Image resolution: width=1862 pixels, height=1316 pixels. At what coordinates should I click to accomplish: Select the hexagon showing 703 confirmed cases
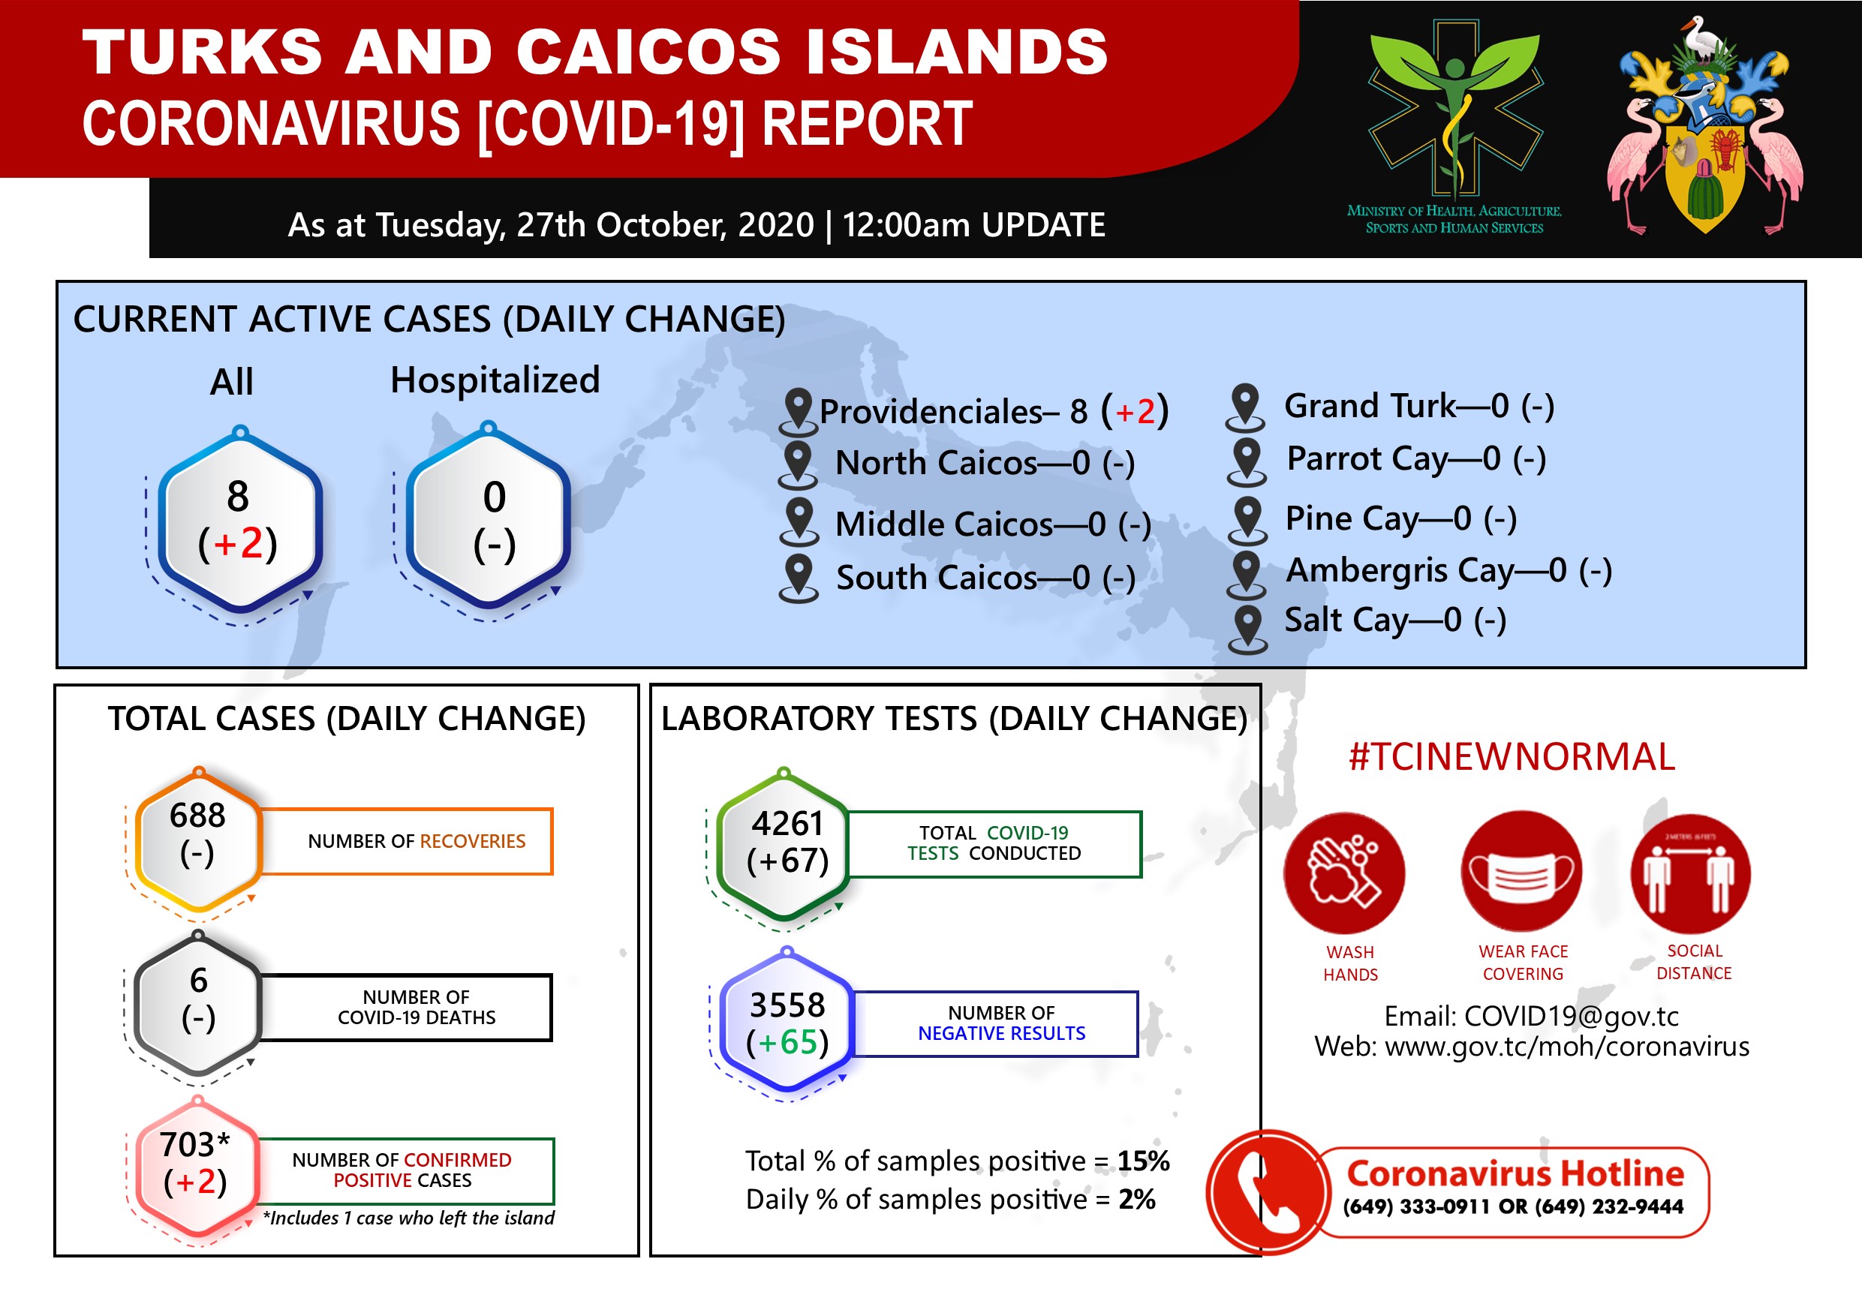(196, 1167)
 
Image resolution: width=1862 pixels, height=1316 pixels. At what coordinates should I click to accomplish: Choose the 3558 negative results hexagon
(787, 1023)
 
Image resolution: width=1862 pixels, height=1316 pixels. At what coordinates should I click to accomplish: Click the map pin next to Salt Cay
(1247, 629)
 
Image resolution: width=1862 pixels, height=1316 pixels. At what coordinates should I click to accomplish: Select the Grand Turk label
(1370, 405)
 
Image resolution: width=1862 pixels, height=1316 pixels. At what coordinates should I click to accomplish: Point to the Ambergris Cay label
(1400, 571)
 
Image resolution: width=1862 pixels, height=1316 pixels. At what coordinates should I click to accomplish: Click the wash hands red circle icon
(1344, 873)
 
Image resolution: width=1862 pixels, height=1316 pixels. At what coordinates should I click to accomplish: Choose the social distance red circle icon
(1691, 873)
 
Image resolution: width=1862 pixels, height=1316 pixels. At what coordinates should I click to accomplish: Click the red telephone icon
(1268, 1192)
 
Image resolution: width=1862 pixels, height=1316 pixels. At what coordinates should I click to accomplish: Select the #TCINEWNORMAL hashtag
(1512, 756)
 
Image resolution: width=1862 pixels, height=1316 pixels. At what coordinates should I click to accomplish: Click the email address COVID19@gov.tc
(1571, 1016)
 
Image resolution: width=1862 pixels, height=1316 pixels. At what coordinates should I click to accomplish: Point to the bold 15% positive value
(1144, 1161)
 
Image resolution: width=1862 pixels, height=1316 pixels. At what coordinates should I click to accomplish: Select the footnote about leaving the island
(409, 1218)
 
